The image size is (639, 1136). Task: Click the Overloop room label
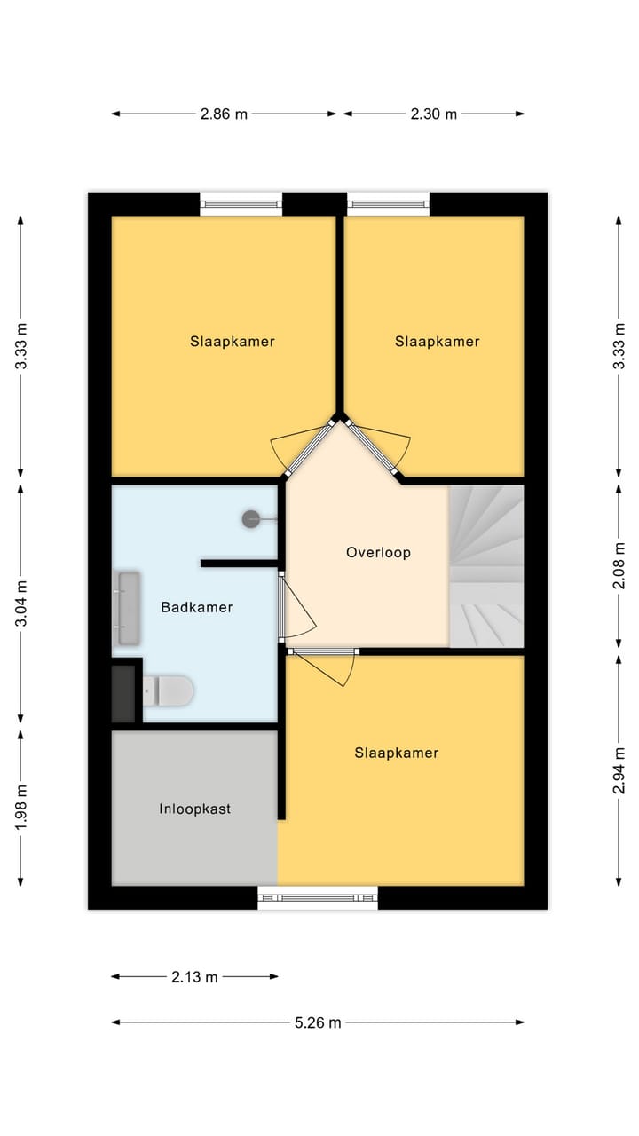pyautogui.click(x=378, y=552)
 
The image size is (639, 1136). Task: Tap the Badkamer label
pyautogui.click(x=197, y=607)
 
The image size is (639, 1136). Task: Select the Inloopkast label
pyautogui.click(x=195, y=809)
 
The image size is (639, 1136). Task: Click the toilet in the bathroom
pyautogui.click(x=169, y=690)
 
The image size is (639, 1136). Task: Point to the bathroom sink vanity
pyautogui.click(x=129, y=608)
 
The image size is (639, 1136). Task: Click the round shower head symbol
pyautogui.click(x=252, y=520)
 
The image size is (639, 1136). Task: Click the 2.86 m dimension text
pyautogui.click(x=224, y=114)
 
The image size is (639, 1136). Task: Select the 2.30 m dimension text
pyautogui.click(x=433, y=114)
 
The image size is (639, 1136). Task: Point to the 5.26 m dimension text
pyautogui.click(x=318, y=1022)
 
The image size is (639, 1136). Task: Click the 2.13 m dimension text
pyautogui.click(x=194, y=977)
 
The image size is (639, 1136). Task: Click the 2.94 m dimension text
pyautogui.click(x=619, y=770)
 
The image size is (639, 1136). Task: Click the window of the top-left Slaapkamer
pyautogui.click(x=241, y=204)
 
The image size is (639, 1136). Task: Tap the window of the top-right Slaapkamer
pyautogui.click(x=388, y=204)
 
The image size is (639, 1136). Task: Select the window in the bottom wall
pyautogui.click(x=318, y=897)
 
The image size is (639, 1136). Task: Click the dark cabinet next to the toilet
pyautogui.click(x=124, y=692)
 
